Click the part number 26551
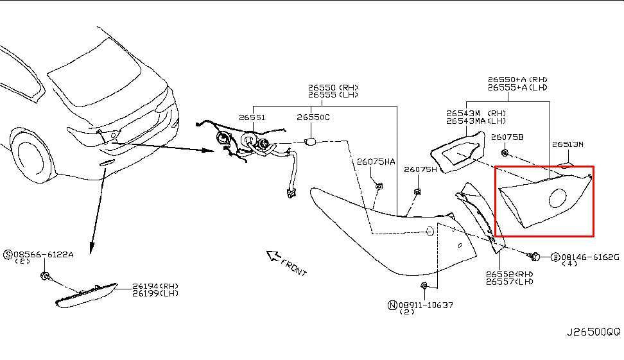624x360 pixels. click(x=252, y=117)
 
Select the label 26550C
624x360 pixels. click(x=313, y=117)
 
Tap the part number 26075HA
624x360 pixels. click(x=376, y=162)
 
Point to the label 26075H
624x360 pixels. click(x=420, y=169)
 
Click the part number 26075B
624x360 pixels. click(x=507, y=137)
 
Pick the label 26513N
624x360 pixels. click(x=568, y=144)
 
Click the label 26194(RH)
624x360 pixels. click(x=155, y=286)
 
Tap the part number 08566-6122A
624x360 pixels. click(x=44, y=255)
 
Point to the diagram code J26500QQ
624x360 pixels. click(x=593, y=332)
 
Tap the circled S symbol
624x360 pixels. click(x=8, y=255)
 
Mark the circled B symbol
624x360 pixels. click(x=555, y=257)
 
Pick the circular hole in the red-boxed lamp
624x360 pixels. click(x=557, y=199)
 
